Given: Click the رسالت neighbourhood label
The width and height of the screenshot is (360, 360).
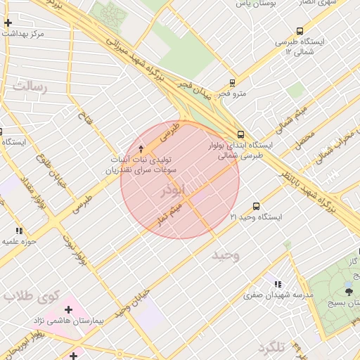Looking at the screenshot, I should pos(30,87).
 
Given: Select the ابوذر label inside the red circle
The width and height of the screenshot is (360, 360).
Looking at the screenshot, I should pos(172,191).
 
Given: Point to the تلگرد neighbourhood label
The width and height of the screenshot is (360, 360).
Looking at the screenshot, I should pos(273,348).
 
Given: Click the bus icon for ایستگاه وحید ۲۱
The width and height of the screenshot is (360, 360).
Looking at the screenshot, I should pos(255,207).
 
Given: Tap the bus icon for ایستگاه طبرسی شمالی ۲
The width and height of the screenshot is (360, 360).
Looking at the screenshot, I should pos(300,31).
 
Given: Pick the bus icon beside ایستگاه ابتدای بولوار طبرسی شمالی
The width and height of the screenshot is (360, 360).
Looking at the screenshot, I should pos(241,134).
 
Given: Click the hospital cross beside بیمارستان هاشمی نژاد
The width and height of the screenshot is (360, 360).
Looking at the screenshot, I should pos(68,309).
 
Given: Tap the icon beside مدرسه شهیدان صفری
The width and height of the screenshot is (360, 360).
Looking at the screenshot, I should pos(278,284).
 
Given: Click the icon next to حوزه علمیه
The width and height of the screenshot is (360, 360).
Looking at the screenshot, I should pos(19,231).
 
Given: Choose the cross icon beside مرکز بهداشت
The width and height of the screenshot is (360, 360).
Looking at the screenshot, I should pos(8,23).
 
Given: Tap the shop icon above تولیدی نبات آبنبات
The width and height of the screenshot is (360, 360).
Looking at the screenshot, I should pos(141,148).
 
